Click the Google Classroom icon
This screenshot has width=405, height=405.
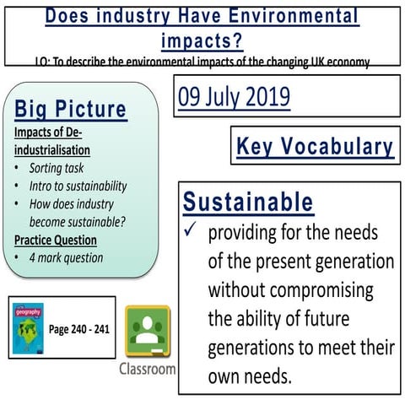(x=148, y=332)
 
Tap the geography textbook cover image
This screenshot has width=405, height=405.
(x=29, y=328)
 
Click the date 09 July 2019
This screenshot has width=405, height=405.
(x=233, y=96)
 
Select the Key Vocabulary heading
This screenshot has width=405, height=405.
(x=315, y=147)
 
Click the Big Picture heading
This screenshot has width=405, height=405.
(x=71, y=109)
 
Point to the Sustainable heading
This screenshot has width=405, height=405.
(x=248, y=202)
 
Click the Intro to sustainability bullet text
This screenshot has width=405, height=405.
(x=78, y=186)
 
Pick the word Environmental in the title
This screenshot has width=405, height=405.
(x=287, y=16)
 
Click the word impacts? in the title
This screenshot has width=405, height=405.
(x=202, y=40)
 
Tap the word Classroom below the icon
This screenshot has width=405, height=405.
(x=148, y=369)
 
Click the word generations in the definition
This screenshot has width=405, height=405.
(x=251, y=348)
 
